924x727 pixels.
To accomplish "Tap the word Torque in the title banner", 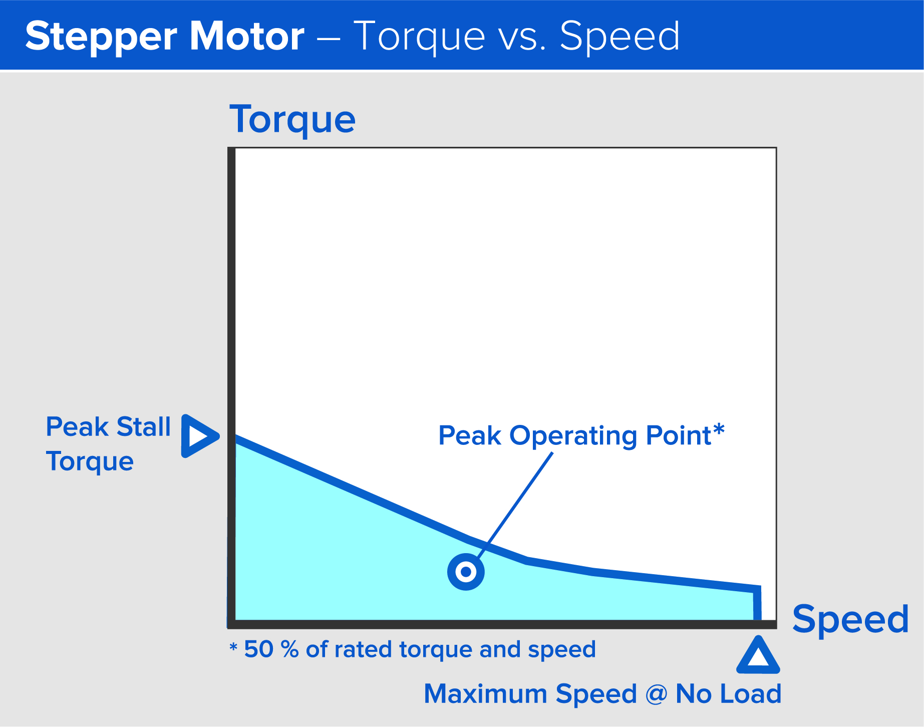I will (420, 37).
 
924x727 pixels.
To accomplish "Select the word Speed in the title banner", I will (620, 37).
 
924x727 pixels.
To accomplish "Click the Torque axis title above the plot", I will (292, 120).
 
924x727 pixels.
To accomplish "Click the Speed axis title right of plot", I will (850, 620).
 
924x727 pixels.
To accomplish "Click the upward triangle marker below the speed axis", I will (758, 656).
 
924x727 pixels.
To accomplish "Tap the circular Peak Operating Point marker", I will (466, 572).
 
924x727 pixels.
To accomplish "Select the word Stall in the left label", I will (143, 427).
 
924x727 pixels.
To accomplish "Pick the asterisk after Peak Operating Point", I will (719, 430).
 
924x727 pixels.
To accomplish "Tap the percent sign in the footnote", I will (289, 649).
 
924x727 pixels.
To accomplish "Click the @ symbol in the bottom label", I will (657, 694).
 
